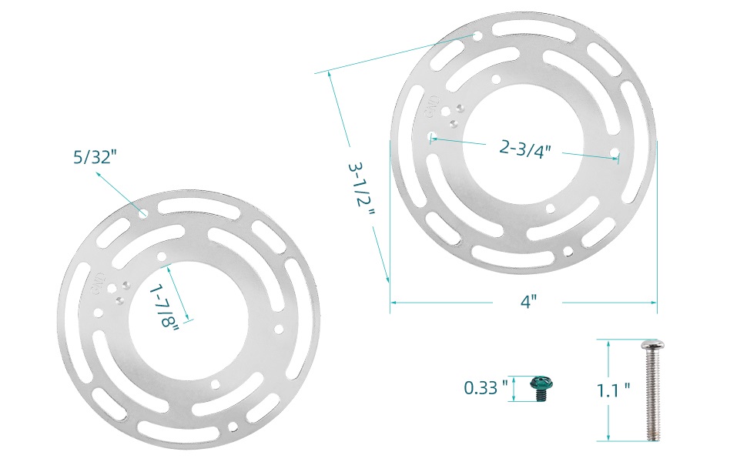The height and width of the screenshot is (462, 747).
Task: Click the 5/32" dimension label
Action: pos(95,157)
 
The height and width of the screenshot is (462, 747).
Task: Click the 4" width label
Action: pos(527,302)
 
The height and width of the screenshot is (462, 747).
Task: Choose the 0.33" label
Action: pos(486,387)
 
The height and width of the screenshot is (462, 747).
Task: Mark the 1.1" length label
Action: pos(614,390)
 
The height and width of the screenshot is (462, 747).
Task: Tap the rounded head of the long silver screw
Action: pos(652,343)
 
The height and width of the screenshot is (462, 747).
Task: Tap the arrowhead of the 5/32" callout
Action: pos(98,175)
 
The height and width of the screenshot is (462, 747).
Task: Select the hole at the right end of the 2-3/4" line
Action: pos(615,153)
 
